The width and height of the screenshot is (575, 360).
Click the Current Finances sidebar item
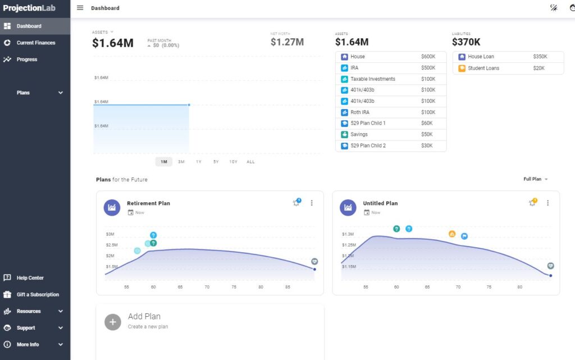click(x=35, y=43)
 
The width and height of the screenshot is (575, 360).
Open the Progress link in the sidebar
click(x=26, y=60)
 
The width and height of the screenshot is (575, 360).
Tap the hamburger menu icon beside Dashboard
click(x=80, y=8)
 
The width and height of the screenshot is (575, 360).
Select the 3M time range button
click(x=181, y=162)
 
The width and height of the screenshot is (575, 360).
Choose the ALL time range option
click(x=250, y=162)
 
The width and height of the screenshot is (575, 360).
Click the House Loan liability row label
click(x=481, y=57)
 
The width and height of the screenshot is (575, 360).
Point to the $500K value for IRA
click(x=428, y=68)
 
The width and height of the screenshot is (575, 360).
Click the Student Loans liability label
click(x=483, y=69)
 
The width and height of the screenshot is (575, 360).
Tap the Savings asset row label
click(x=359, y=134)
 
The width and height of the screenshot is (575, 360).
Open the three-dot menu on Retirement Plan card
click(x=312, y=203)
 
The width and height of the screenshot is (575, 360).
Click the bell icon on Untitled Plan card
click(x=532, y=203)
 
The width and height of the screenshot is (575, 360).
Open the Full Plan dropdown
click(x=535, y=179)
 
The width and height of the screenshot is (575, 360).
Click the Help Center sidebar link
click(x=30, y=278)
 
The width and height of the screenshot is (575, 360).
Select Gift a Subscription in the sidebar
click(x=38, y=294)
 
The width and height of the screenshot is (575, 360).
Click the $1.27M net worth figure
click(x=287, y=42)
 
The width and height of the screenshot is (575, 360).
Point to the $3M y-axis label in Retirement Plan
click(x=110, y=234)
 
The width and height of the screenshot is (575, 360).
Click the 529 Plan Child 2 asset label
click(x=368, y=145)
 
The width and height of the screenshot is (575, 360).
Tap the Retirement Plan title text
click(x=148, y=203)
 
